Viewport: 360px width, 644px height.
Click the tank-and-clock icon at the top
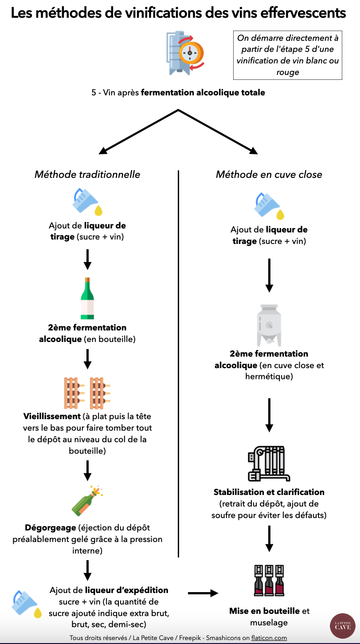click(185, 53)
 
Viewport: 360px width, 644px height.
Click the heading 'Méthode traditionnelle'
click(87, 174)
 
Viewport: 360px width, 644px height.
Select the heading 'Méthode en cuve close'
click(269, 174)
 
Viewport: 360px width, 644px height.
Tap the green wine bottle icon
click(87, 298)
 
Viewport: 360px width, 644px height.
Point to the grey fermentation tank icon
click(269, 325)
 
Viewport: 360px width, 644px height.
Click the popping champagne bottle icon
click(87, 501)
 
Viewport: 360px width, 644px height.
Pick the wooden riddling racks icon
click(87, 393)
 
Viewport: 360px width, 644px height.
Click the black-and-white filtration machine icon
click(269, 463)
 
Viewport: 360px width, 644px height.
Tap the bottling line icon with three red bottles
click(269, 580)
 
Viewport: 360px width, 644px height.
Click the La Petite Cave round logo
click(343, 626)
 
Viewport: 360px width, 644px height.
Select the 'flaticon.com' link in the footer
click(269, 638)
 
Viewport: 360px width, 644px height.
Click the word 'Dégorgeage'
click(51, 528)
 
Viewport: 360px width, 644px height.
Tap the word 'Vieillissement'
click(52, 416)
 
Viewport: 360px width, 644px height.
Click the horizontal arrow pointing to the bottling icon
click(203, 593)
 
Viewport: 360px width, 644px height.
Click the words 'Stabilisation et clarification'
click(269, 492)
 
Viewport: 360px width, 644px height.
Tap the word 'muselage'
click(269, 623)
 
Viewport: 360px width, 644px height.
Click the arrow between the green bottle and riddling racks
click(87, 359)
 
